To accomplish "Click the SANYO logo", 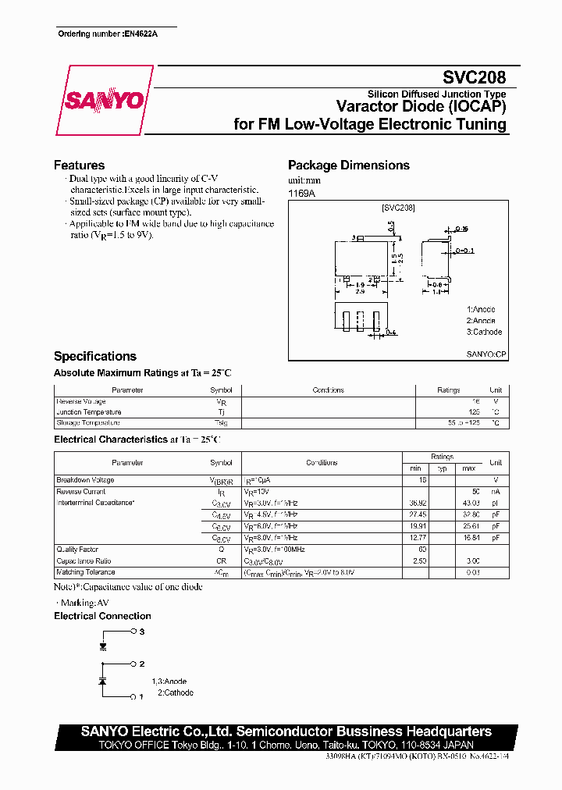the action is tap(103, 101).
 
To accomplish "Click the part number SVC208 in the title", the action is tap(475, 78).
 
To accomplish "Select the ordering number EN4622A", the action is tap(140, 34).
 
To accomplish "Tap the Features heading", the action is tap(79, 165).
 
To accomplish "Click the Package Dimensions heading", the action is tap(348, 165).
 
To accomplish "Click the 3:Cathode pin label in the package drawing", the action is tap(484, 332).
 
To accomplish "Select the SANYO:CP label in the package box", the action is tap(486, 354).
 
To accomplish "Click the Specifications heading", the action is tap(94, 356).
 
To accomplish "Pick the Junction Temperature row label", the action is tap(89, 412).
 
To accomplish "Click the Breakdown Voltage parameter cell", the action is tap(85, 480).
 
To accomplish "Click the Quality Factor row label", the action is tap(76, 550).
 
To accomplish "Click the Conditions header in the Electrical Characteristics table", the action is tap(322, 463).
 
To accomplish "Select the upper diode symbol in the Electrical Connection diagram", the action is tap(102, 646).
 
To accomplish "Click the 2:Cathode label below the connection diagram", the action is tap(175, 692).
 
